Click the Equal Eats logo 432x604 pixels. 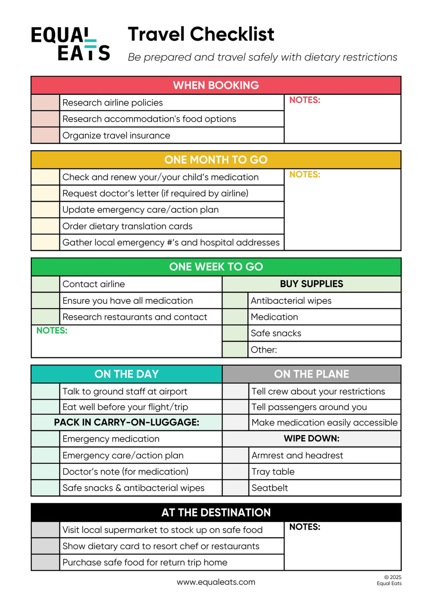pyautogui.click(x=70, y=44)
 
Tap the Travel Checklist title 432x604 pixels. pyautogui.click(x=201, y=34)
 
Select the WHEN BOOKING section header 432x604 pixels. pyautogui.click(x=216, y=85)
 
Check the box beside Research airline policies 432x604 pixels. pyautogui.click(x=46, y=103)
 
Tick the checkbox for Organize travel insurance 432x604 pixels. pyautogui.click(x=46, y=136)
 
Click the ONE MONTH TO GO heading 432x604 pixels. pyautogui.click(x=216, y=160)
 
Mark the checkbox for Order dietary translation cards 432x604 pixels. pyautogui.click(x=46, y=226)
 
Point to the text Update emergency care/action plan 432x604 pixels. pyautogui.click(x=140, y=210)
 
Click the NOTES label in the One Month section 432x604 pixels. pyautogui.click(x=305, y=174)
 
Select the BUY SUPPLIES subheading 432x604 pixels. pyautogui.click(x=311, y=284)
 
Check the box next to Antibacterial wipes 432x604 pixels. pyautogui.click(x=235, y=301)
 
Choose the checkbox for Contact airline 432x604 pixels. pyautogui.click(x=46, y=284)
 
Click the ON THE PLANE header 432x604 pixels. pyautogui.click(x=311, y=374)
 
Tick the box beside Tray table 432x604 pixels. pyautogui.click(x=236, y=472)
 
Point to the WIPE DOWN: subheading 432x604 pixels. pyautogui.click(x=311, y=438)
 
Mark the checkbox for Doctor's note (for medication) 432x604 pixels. pyautogui.click(x=46, y=472)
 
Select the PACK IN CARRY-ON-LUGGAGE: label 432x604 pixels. pyautogui.click(x=126, y=422)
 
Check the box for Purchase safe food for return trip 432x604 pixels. pyautogui.click(x=46, y=562)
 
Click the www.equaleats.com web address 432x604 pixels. pyautogui.click(x=216, y=582)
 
